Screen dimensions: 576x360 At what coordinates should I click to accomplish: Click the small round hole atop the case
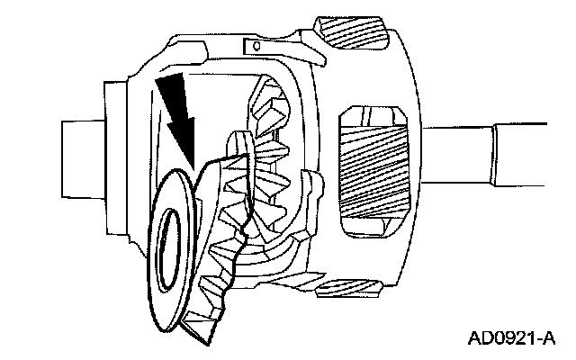tap(256, 45)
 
